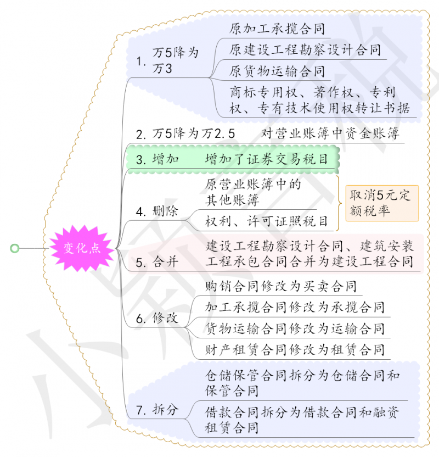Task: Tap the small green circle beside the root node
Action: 15,248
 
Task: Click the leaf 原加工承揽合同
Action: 277,29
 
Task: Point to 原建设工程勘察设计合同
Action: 305,50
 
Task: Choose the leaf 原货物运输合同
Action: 277,71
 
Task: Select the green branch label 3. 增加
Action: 158,159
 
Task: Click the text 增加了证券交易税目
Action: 266,159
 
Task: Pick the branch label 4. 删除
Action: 157,211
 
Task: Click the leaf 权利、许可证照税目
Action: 266,221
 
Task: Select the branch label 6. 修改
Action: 157,318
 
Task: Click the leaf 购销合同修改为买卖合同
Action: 280,286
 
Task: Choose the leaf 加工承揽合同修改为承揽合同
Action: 294,307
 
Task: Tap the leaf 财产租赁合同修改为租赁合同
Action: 294,349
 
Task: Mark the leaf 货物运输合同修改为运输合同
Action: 294,328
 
